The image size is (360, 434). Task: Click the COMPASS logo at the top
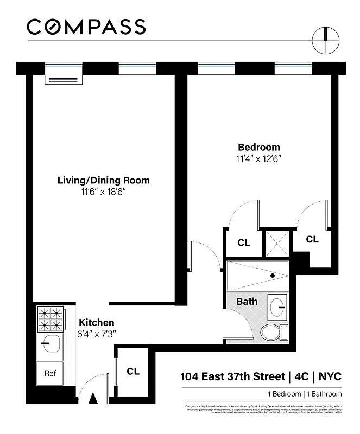[x=86, y=27]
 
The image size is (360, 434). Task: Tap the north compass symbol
[x=326, y=41]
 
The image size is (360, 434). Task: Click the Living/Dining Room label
[x=104, y=181]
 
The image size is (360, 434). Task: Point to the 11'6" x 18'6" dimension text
[x=104, y=192]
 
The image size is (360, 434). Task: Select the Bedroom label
[x=259, y=148]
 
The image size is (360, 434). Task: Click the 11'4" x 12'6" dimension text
[x=259, y=159]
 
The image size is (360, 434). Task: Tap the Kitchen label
[x=97, y=322]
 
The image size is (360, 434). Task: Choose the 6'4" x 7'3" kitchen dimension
[x=97, y=334]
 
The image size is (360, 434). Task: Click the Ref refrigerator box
[x=50, y=373]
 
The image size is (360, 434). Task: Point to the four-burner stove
[x=50, y=319]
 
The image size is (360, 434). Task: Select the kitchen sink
[x=50, y=343]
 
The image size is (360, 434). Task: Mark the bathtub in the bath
[x=257, y=276]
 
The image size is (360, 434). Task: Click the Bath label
[x=247, y=301]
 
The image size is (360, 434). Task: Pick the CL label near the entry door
[x=133, y=372]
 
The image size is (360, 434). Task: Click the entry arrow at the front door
[x=93, y=398]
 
